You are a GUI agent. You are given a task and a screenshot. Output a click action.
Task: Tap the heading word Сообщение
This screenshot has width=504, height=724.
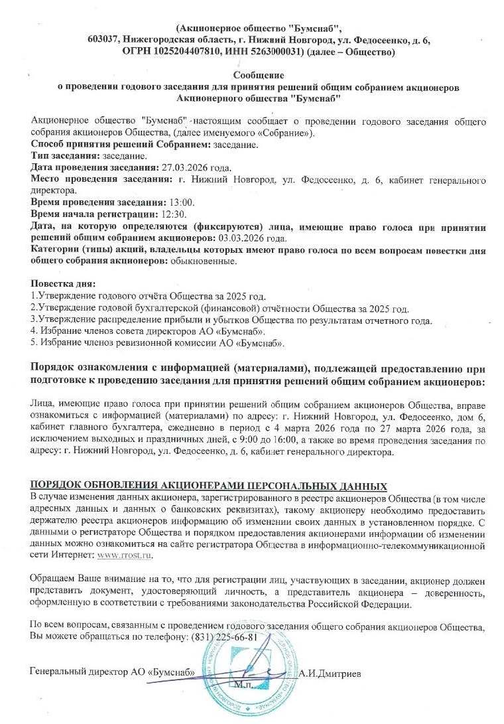(259, 76)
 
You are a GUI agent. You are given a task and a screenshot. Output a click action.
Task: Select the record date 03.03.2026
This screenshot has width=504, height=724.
(239, 238)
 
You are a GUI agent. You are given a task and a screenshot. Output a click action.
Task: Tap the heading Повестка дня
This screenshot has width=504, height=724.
(63, 285)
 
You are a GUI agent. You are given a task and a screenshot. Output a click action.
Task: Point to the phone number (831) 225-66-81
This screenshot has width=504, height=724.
(225, 637)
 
